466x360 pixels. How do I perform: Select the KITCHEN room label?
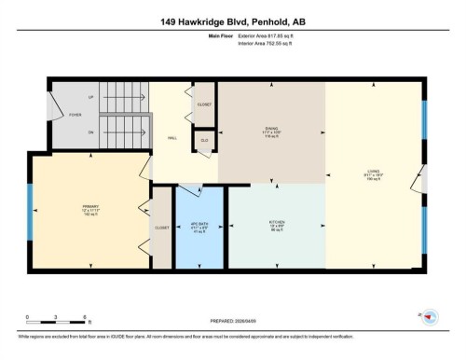[277, 226]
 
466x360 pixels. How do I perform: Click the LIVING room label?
[373, 173]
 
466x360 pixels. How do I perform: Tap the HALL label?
[172, 138]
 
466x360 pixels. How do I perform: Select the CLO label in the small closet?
[203, 140]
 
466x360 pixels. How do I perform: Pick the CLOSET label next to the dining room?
[203, 104]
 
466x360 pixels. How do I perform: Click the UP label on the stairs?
[89, 97]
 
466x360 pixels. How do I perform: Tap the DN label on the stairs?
[89, 132]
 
